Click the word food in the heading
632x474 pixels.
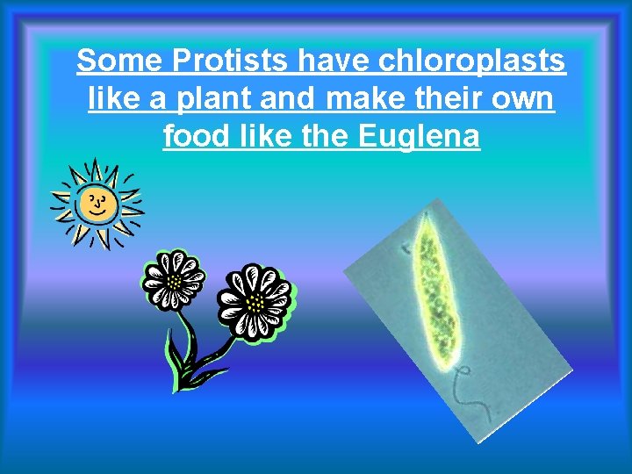coord(191,137)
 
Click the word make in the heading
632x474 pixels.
coord(369,99)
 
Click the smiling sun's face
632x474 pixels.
coord(95,205)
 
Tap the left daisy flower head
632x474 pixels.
coord(173,280)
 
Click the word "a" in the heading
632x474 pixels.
coord(158,99)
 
